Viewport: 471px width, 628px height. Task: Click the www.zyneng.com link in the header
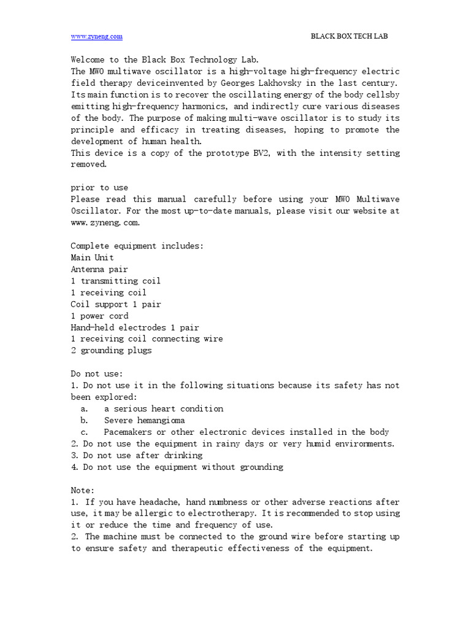coord(97,36)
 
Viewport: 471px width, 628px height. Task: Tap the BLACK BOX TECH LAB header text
coord(350,36)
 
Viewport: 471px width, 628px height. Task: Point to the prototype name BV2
coord(263,153)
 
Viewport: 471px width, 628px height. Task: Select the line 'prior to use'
coord(99,188)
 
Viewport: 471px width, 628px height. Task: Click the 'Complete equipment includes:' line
coord(137,246)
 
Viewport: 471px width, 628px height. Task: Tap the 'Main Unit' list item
coord(92,258)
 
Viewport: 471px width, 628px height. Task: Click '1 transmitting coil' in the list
coord(115,281)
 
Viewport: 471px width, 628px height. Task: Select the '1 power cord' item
coord(99,316)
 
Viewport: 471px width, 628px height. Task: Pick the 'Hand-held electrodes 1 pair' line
coord(134,327)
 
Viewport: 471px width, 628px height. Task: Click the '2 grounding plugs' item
coord(111,351)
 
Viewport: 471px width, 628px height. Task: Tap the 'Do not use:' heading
coord(97,373)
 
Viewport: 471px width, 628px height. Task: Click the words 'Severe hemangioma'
coord(144,420)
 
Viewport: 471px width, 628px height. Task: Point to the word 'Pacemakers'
coord(129,432)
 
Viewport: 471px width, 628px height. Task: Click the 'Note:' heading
coord(83,490)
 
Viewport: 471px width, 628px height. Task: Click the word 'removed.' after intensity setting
coord(89,164)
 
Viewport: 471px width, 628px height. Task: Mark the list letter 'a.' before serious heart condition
coord(85,408)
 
